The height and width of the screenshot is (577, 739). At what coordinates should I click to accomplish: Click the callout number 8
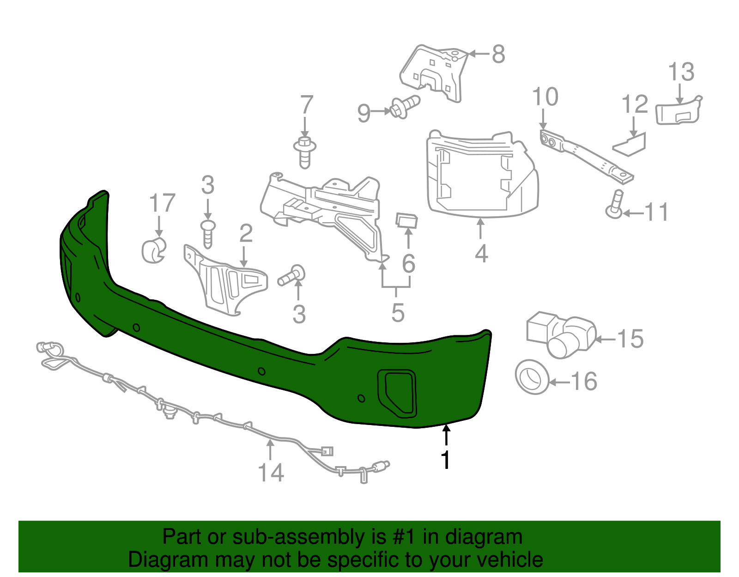tap(498, 54)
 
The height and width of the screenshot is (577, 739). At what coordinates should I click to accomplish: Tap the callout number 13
tap(681, 72)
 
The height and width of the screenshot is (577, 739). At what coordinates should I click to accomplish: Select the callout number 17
tap(162, 203)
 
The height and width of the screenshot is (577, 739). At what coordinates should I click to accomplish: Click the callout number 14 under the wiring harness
tap(271, 473)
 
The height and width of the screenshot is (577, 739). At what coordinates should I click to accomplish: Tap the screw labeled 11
tap(615, 205)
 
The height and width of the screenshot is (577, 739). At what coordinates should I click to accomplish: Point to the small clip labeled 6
tap(406, 220)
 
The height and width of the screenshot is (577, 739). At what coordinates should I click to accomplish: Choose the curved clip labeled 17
tap(153, 250)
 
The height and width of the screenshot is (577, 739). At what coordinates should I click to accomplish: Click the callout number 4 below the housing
tap(481, 254)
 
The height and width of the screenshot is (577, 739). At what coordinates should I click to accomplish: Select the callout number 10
tap(545, 97)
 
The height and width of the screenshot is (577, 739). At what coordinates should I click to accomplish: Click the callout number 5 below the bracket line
tap(398, 313)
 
